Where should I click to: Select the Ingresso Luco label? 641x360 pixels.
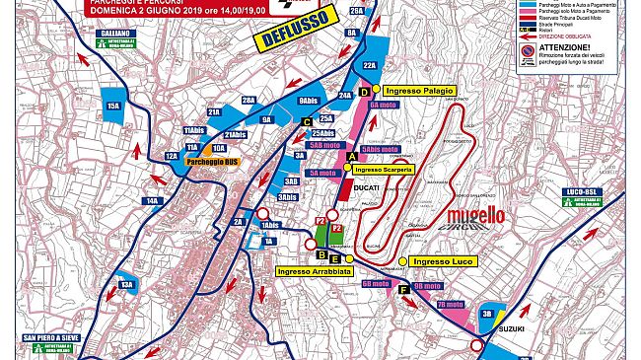click(443, 261)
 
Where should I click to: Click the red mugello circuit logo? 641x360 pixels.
click(476, 215)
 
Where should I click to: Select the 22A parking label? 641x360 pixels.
click(370, 65)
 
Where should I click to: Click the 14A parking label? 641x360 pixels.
click(153, 201)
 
